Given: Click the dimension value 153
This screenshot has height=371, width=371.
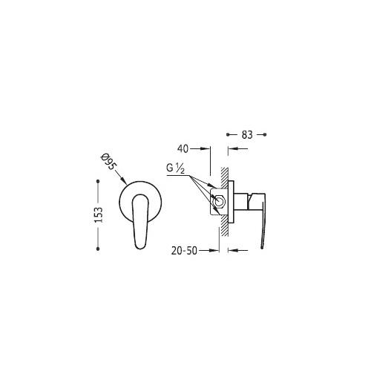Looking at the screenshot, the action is (x=99, y=214).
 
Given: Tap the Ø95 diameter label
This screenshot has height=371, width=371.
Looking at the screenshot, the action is (x=108, y=162).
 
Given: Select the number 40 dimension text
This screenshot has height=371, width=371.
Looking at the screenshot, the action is (x=183, y=149).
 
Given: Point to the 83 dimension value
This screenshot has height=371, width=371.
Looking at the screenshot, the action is (x=247, y=135).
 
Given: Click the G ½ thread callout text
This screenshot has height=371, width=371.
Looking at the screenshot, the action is (x=175, y=168).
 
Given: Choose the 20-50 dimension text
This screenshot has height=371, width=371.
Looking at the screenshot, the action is (x=184, y=251).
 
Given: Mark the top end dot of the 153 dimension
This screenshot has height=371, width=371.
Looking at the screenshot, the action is (x=98, y=181).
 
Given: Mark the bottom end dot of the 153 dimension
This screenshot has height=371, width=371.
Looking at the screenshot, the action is (x=98, y=249).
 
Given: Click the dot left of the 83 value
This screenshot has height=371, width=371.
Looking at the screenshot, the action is (x=228, y=134).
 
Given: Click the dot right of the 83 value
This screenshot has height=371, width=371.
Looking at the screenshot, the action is (x=265, y=134).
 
